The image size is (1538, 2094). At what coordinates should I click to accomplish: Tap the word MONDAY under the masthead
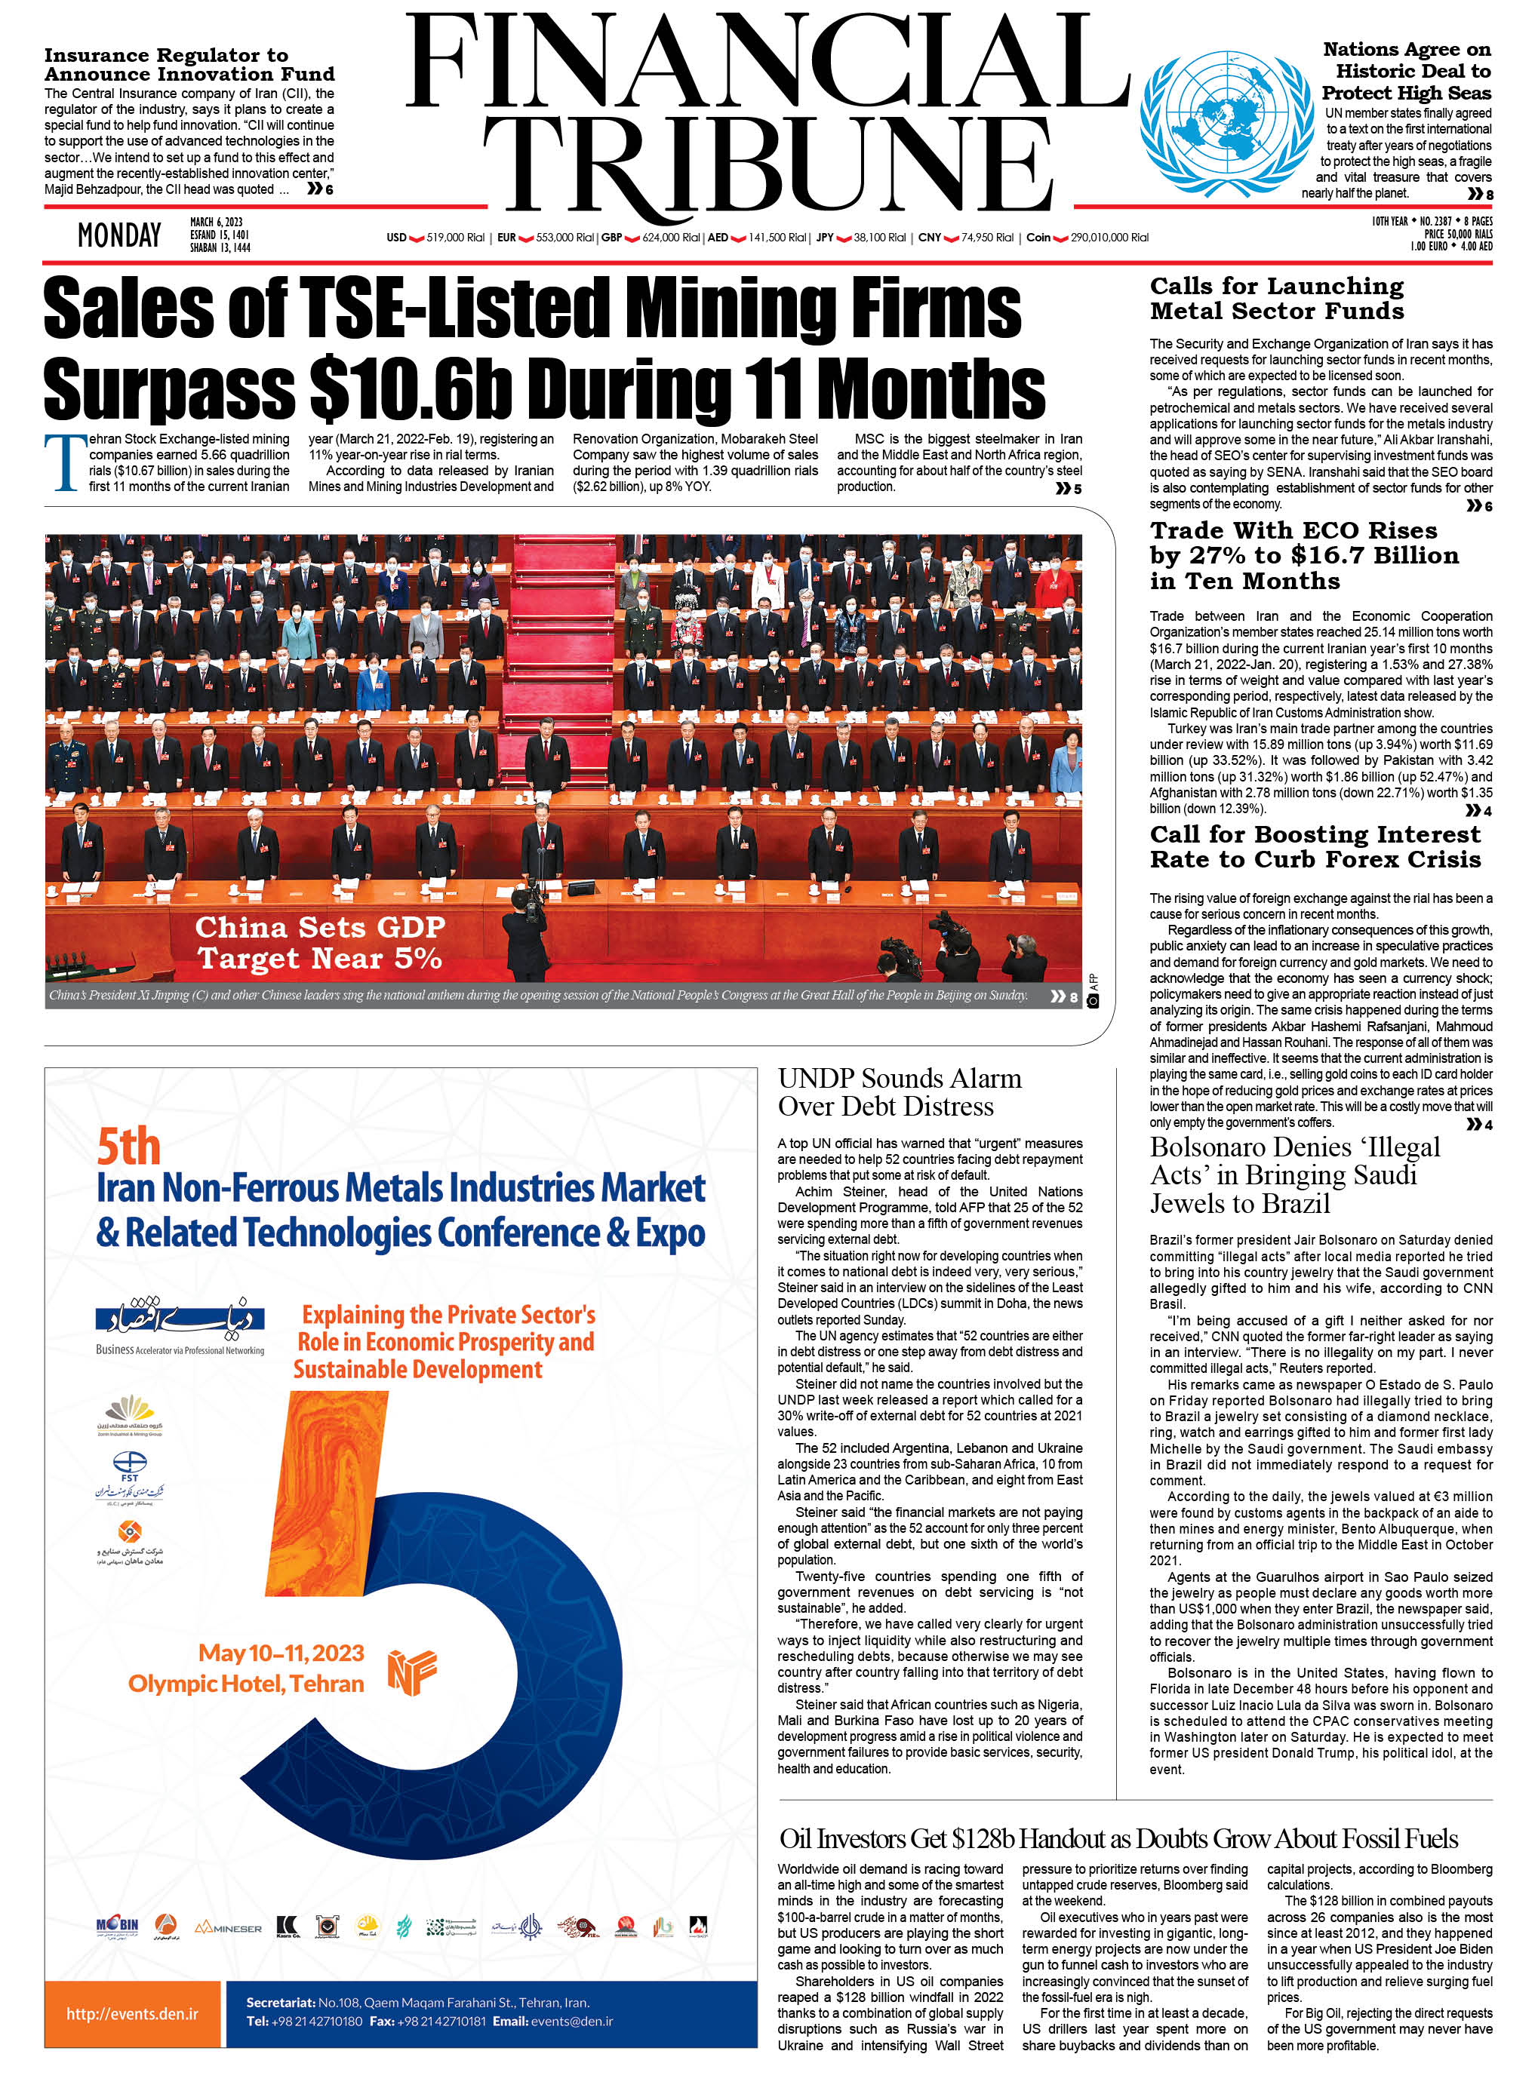pyautogui.click(x=119, y=235)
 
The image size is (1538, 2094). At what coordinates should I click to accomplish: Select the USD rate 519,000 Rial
pyautogui.click(x=454, y=238)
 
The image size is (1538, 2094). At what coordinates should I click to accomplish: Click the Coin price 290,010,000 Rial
pyautogui.click(x=1109, y=238)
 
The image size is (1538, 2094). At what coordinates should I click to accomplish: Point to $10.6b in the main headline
pyautogui.click(x=411, y=389)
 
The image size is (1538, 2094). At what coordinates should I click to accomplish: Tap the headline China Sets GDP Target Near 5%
pyautogui.click(x=319, y=943)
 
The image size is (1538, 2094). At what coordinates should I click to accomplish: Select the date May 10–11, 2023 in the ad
pyautogui.click(x=281, y=1653)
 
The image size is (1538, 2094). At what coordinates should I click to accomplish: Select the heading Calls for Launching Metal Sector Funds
pyautogui.click(x=1276, y=299)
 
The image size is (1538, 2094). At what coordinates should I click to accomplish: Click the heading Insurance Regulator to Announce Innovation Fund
pyautogui.click(x=189, y=64)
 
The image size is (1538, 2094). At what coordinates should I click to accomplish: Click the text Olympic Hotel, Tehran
pyautogui.click(x=246, y=1684)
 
